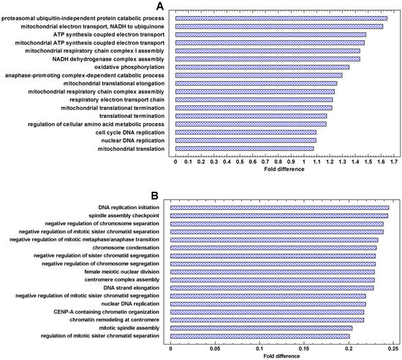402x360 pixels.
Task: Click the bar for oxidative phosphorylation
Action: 262,67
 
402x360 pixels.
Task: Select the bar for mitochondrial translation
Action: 245,149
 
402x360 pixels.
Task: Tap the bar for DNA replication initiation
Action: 280,208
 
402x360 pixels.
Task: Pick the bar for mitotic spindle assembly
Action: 262,329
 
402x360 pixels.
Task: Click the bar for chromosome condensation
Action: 273,248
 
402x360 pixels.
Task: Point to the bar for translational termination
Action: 251,116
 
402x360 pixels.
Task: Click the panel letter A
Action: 160,6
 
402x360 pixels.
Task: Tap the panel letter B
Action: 155,196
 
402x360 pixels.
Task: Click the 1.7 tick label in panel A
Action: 394,162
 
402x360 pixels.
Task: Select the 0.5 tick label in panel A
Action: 240,162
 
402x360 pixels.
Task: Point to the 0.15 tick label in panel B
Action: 304,348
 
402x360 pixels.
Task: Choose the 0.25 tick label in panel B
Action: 393,348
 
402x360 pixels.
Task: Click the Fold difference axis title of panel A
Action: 284,169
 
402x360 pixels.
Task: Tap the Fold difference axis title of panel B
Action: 281,356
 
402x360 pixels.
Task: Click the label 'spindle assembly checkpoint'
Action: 124,216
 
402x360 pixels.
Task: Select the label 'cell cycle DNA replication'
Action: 130,132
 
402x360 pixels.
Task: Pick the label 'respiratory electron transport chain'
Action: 117,100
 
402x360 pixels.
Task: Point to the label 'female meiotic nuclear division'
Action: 122,271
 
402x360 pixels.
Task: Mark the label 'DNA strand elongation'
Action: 132,288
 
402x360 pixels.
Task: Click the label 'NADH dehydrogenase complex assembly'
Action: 108,59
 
